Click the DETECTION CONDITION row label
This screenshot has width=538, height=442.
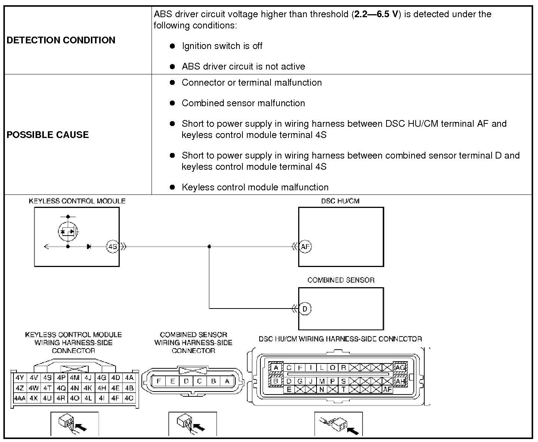(x=61, y=40)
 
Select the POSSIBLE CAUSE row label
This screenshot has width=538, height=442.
(x=48, y=135)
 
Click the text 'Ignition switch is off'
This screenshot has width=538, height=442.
(x=222, y=46)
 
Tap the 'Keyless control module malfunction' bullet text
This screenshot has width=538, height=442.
(x=255, y=187)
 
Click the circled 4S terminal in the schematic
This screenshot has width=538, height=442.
(x=112, y=247)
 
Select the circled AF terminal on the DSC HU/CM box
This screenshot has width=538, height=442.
(x=305, y=247)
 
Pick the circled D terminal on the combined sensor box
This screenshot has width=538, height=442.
(x=305, y=309)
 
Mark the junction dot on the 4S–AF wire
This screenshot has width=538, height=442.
(x=209, y=246)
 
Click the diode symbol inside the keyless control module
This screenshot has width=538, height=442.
(x=89, y=247)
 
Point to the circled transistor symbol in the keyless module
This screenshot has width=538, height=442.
(x=68, y=231)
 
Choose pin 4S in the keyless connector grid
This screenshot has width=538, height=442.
(x=47, y=378)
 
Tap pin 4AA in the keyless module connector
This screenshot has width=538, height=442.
(x=19, y=398)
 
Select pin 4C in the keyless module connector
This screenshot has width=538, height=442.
(x=129, y=398)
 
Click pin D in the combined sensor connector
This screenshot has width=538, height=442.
(x=186, y=381)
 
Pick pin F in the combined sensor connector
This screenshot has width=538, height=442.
(x=159, y=381)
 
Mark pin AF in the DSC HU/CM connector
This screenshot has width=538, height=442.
(x=387, y=390)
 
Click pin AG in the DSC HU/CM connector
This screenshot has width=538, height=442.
(x=400, y=368)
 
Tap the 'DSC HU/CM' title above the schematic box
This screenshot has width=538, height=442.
(x=340, y=201)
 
